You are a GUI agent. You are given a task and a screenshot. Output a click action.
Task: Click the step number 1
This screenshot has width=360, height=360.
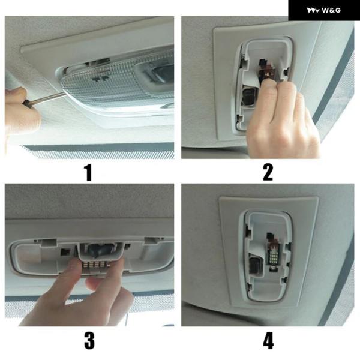point(88,173)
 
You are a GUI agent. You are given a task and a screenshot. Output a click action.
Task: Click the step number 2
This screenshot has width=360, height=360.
point(268,172)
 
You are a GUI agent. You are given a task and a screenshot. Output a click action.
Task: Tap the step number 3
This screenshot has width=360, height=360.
point(89,341)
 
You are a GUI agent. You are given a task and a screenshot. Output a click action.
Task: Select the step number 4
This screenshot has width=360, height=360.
point(268,341)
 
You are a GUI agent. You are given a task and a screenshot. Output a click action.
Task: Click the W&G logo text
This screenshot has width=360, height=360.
point(331,10)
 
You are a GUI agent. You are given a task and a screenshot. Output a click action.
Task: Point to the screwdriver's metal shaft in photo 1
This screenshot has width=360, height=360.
point(47,98)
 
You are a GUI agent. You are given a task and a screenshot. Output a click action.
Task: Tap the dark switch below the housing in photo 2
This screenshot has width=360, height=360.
point(249,97)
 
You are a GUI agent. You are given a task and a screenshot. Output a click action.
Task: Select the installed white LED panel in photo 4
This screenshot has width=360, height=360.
point(274,256)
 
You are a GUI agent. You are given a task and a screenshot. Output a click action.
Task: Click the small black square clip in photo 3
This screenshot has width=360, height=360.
point(65,252)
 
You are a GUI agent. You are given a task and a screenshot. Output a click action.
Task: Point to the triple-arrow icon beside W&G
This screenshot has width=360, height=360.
point(313,10)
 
